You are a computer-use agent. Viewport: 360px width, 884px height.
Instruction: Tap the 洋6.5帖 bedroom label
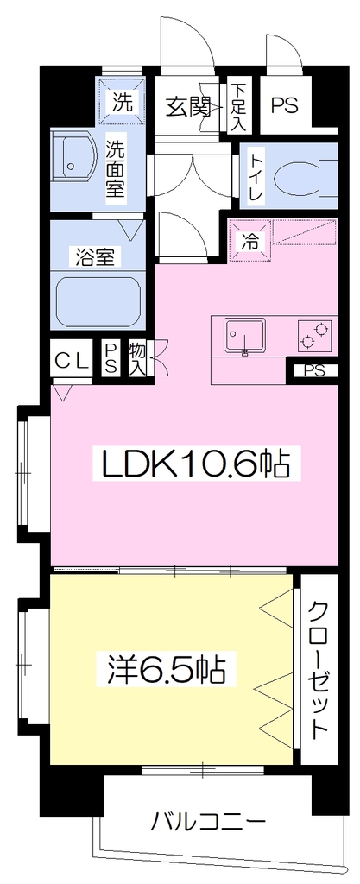[167, 670]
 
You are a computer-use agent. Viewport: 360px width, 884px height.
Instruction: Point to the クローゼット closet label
[319, 670]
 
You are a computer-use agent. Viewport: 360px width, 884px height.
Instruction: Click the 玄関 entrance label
[189, 105]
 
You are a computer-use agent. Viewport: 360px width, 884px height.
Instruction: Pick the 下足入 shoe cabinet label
[238, 107]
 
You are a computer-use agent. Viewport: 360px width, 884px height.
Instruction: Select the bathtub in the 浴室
[98, 301]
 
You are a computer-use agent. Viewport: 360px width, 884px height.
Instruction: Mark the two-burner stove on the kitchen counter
[314, 334]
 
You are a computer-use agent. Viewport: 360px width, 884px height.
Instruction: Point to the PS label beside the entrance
[285, 105]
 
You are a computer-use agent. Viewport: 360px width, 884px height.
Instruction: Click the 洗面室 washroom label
[115, 167]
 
